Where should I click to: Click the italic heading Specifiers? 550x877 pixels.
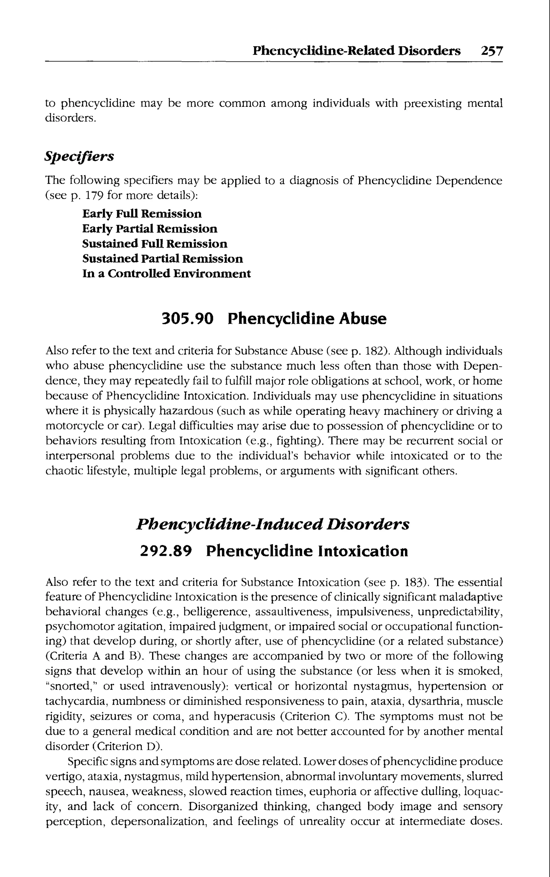coord(79,156)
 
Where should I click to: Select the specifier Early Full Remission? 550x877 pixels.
coord(142,214)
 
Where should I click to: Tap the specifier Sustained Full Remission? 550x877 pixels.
coord(155,244)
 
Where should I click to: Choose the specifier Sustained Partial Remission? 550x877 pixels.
coord(162,259)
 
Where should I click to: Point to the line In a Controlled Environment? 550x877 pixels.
coord(167,274)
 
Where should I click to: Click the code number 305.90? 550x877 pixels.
coord(187,319)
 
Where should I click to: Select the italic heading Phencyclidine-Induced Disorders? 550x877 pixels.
coord(273,524)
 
